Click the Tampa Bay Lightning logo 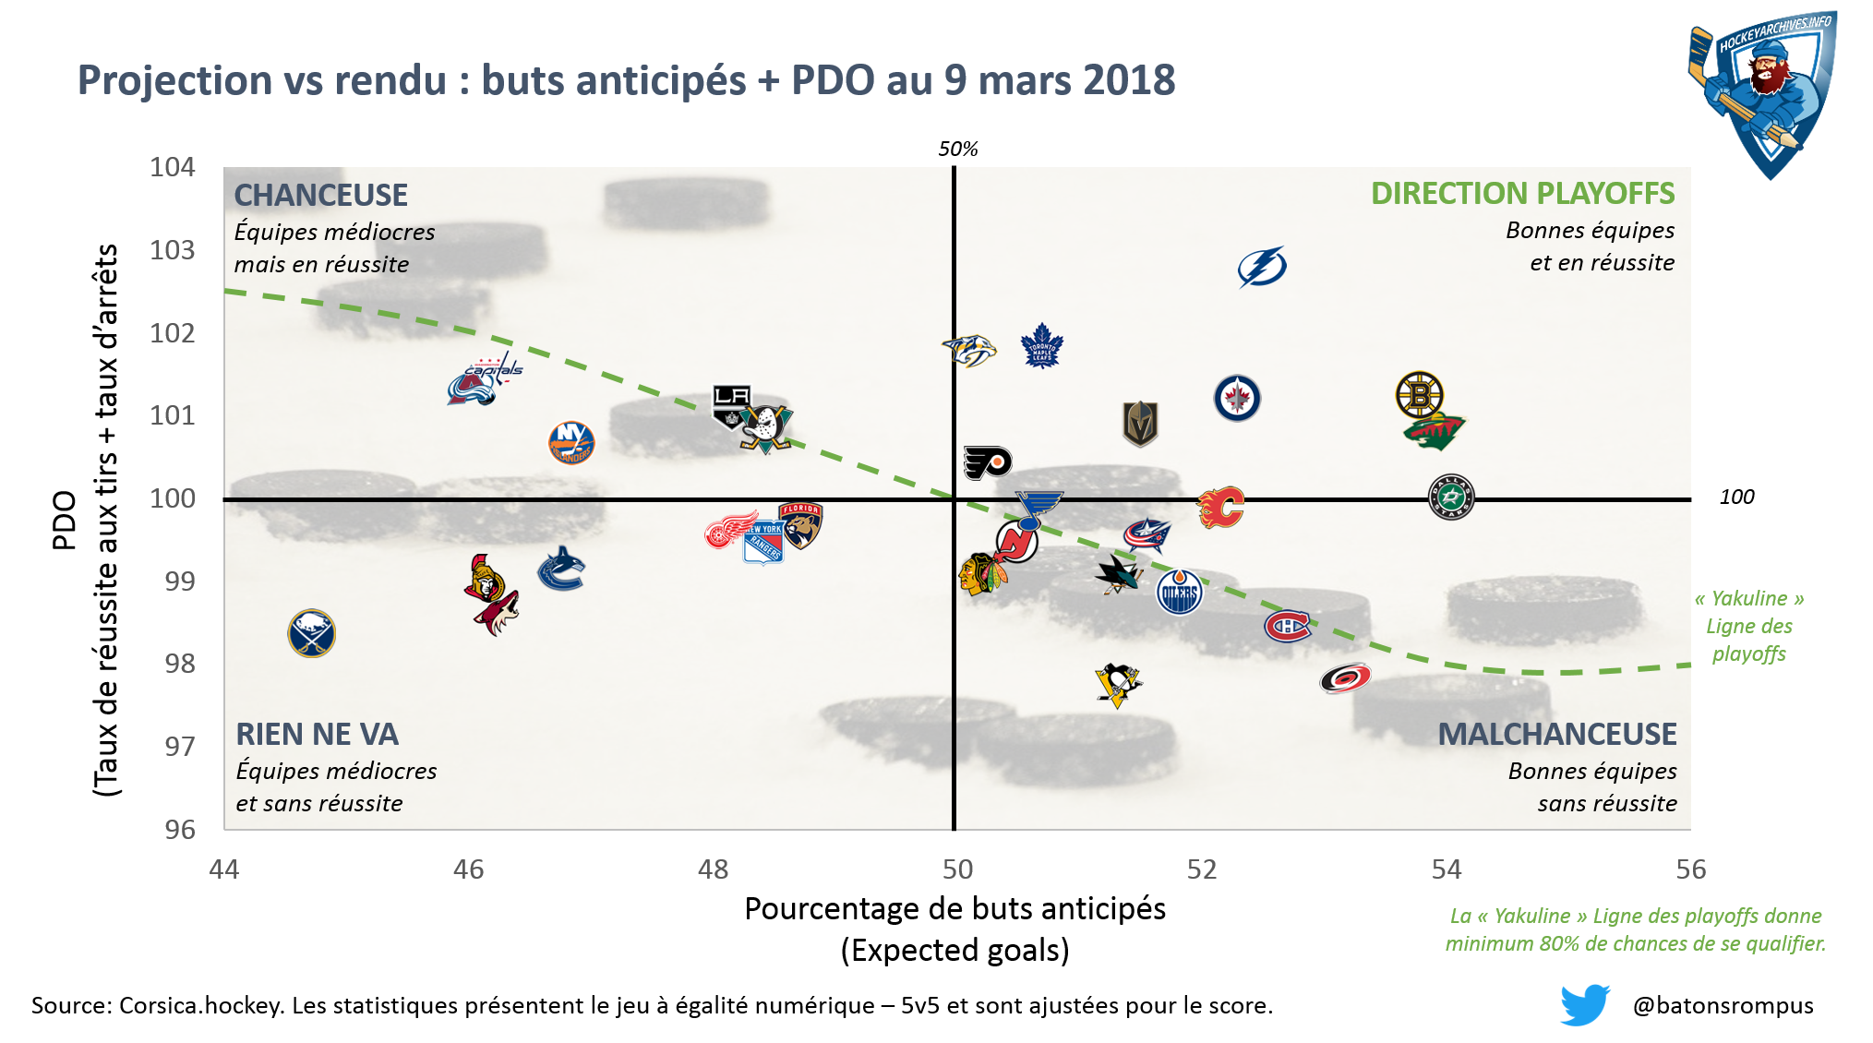(x=1262, y=267)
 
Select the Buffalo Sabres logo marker (x=311, y=633)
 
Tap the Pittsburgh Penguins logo (x=1118, y=685)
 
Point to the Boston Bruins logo (x=1419, y=394)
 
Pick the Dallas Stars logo (x=1450, y=497)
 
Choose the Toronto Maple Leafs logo (x=1042, y=346)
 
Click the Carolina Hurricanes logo (x=1345, y=678)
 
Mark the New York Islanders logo (x=571, y=442)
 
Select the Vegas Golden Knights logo (x=1140, y=424)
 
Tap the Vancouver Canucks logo (x=561, y=569)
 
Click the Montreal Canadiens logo (x=1287, y=626)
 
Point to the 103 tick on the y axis (x=173, y=250)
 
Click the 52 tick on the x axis (x=1202, y=869)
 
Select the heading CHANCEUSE (x=320, y=196)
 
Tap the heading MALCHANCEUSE (x=1557, y=735)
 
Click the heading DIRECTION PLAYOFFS (x=1522, y=194)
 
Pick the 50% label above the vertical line (x=958, y=150)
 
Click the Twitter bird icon (x=1584, y=1004)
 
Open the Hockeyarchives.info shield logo (x=1763, y=92)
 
